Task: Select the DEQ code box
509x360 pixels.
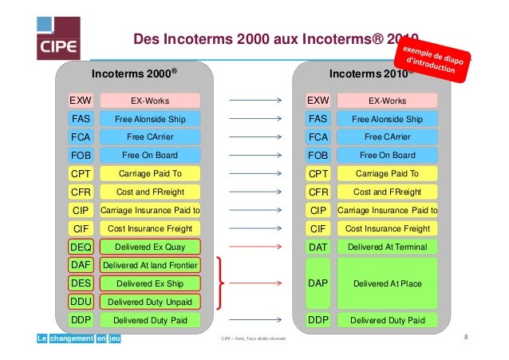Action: (x=81, y=247)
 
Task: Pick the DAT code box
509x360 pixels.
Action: (x=318, y=247)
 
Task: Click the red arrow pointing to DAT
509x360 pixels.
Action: (x=255, y=247)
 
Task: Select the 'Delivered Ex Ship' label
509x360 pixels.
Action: (x=151, y=283)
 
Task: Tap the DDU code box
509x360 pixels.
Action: (x=81, y=302)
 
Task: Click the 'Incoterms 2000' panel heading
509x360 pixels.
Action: (x=134, y=75)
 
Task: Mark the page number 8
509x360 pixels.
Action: (x=466, y=338)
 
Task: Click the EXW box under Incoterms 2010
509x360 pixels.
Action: (x=318, y=101)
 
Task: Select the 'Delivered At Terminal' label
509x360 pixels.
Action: (x=388, y=247)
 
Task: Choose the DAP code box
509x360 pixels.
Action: (x=318, y=283)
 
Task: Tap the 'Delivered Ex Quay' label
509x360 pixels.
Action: (x=151, y=247)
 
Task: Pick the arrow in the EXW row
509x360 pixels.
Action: (x=255, y=101)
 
